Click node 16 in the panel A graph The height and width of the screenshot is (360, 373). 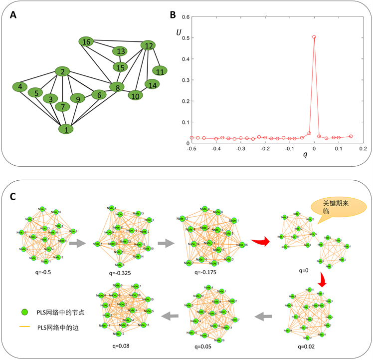(x=87, y=41)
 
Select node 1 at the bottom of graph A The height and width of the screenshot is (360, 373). (x=65, y=129)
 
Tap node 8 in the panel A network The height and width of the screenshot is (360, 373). (x=116, y=87)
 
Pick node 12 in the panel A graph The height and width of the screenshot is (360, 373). (x=148, y=45)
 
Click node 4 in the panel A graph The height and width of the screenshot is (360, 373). (x=20, y=87)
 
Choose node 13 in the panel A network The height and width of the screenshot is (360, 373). (x=120, y=51)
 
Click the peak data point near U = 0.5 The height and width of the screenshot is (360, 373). (x=314, y=36)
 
